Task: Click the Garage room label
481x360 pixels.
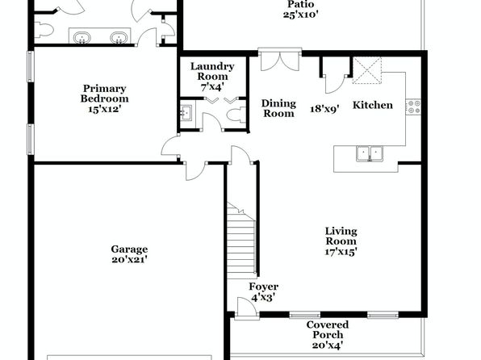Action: [x=129, y=249]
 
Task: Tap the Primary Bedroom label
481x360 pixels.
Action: [x=105, y=94]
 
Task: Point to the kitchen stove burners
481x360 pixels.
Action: [x=413, y=107]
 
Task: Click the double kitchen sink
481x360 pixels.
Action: [x=370, y=153]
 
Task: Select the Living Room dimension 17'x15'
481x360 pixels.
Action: [x=341, y=252]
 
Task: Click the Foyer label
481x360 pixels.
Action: [x=264, y=287]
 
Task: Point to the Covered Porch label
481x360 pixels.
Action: [x=328, y=329]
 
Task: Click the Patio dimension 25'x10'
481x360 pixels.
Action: [x=299, y=15]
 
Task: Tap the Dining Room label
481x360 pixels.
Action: [x=278, y=108]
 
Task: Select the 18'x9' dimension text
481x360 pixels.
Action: [x=324, y=109]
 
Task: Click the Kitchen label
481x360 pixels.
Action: [x=373, y=105]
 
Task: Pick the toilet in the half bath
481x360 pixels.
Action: [x=236, y=115]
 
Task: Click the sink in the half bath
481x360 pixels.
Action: [x=186, y=113]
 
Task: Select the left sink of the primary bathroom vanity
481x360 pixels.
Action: [x=82, y=37]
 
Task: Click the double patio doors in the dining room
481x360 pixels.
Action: [x=280, y=59]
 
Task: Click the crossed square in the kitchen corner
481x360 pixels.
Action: [x=367, y=70]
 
